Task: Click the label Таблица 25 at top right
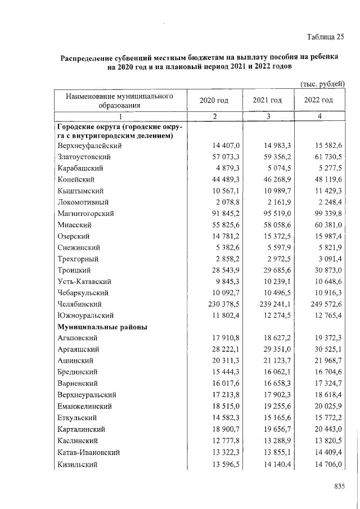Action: [x=325, y=38]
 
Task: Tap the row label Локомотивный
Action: [x=83, y=202]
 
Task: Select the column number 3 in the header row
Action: [x=268, y=116]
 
